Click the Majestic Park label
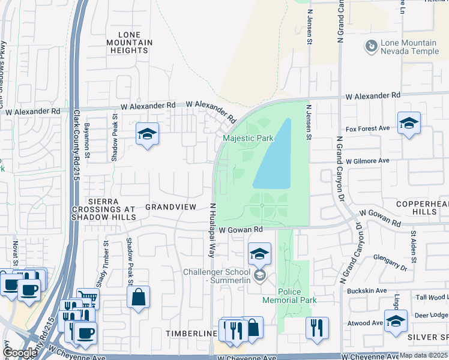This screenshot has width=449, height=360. click(248, 139)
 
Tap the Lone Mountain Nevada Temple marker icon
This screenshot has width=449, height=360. click(371, 45)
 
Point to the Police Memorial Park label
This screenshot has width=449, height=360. click(289, 295)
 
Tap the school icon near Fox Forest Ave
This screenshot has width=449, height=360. click(409, 124)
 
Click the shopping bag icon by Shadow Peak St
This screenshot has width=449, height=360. click(138, 297)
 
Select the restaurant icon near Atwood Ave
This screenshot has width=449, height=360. click(316, 328)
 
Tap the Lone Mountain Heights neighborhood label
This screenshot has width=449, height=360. click(129, 43)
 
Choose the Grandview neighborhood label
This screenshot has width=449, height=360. click(170, 206)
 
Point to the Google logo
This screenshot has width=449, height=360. click(20, 353)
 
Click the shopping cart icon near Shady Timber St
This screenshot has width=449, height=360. click(88, 299)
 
